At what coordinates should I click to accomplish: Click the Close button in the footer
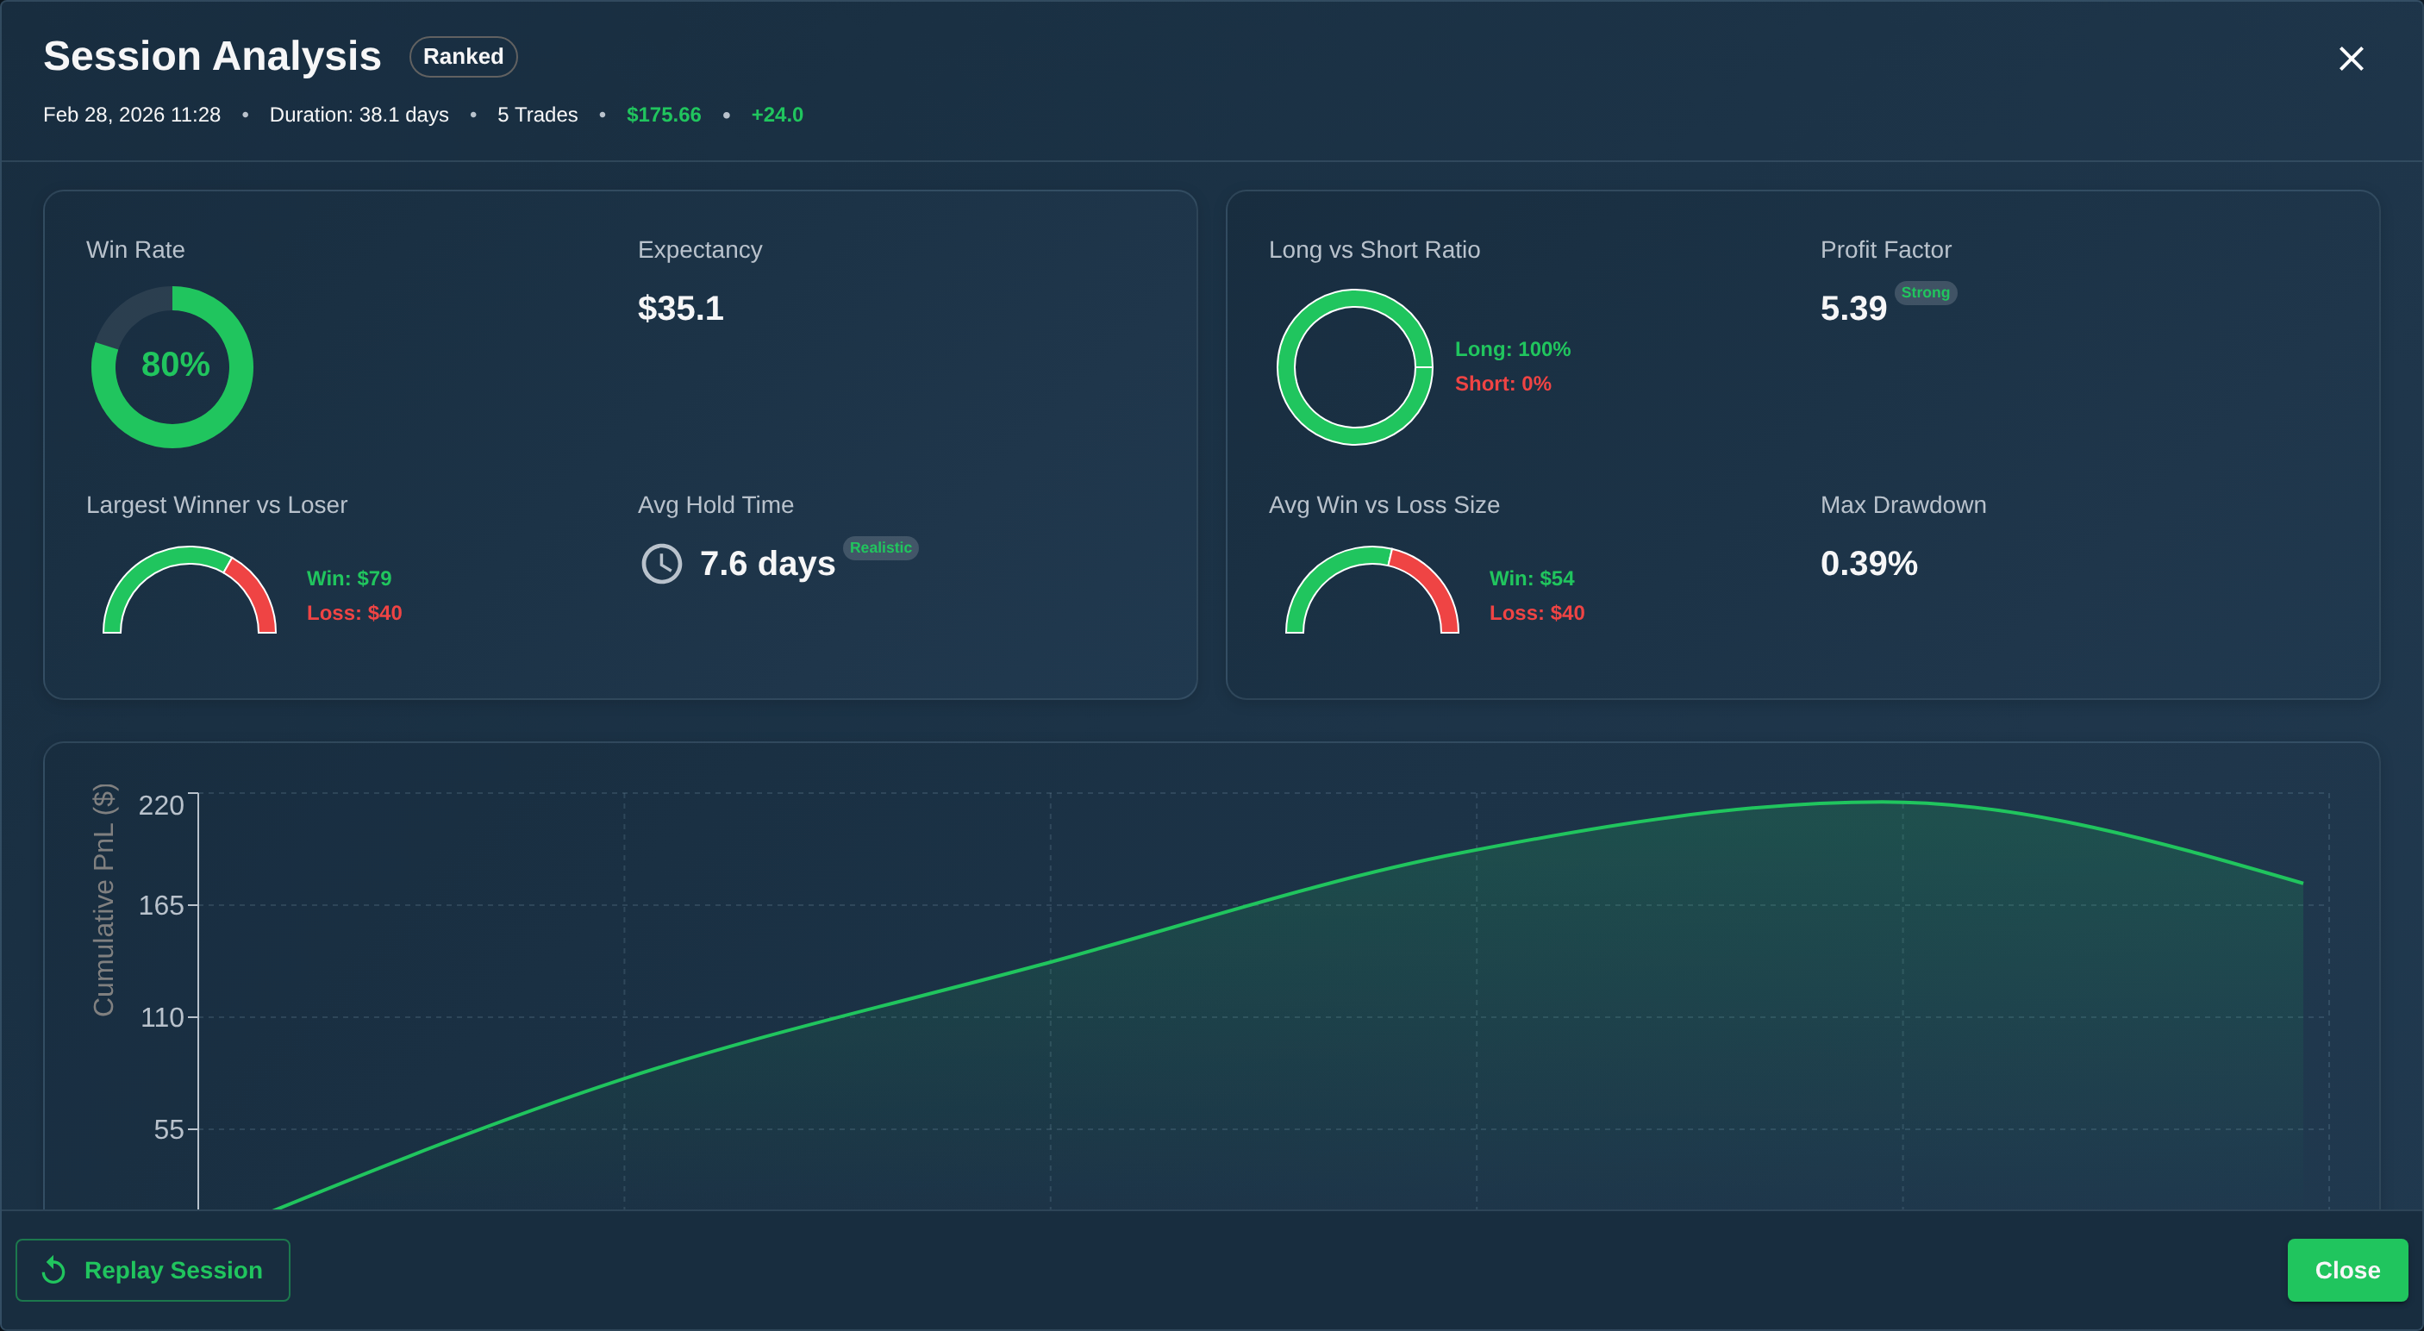(x=2346, y=1270)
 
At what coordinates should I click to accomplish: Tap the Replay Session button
(x=153, y=1270)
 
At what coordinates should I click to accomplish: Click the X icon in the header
(x=2351, y=59)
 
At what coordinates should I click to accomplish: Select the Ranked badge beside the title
(x=463, y=57)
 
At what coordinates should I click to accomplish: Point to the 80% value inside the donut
(x=175, y=365)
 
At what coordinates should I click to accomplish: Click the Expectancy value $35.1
(x=680, y=309)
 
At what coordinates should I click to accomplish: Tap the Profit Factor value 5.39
(x=1852, y=309)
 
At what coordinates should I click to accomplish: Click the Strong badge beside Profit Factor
(x=1924, y=293)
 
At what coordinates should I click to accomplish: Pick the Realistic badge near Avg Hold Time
(x=880, y=548)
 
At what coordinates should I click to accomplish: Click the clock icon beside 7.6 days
(x=661, y=564)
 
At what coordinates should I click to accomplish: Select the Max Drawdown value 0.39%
(x=1868, y=564)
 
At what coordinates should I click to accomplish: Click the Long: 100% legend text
(x=1512, y=349)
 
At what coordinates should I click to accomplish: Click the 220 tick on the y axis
(x=161, y=806)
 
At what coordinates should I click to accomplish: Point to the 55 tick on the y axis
(x=168, y=1129)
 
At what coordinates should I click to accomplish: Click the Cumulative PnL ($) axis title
(x=103, y=900)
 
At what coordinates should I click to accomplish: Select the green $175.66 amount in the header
(x=664, y=115)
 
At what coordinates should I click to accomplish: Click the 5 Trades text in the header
(x=537, y=115)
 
